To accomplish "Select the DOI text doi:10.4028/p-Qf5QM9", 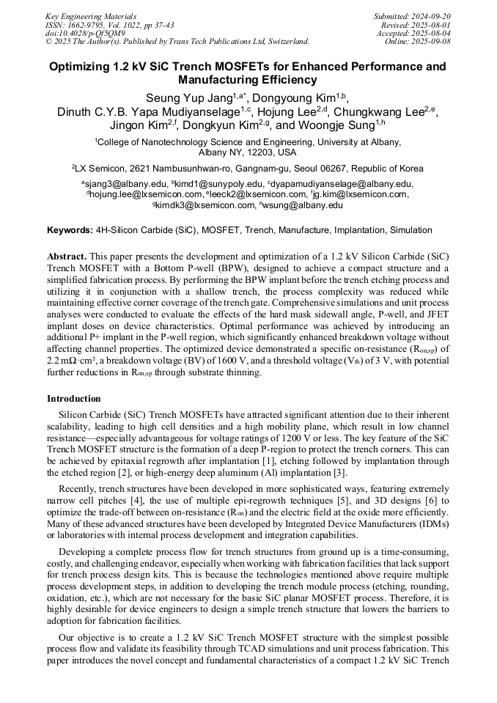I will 85,34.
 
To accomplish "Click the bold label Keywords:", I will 70,230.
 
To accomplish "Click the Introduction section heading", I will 74,399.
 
